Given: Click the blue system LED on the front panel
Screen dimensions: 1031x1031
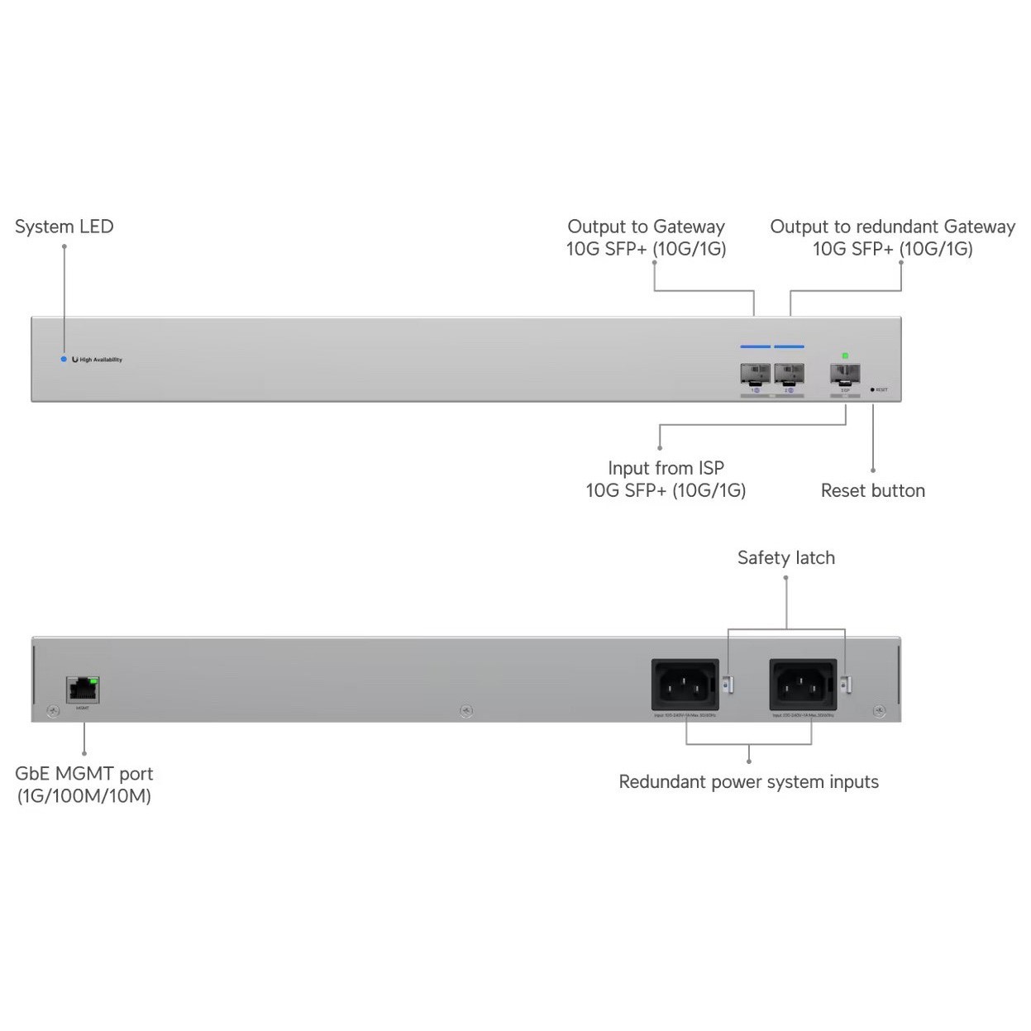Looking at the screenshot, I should [64, 360].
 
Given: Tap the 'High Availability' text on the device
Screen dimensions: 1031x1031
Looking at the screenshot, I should [101, 360].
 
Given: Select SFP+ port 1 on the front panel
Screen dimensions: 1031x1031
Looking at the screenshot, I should [755, 374].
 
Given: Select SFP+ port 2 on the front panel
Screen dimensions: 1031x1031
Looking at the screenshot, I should [789, 374].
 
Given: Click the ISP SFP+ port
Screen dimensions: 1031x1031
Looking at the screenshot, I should [845, 375].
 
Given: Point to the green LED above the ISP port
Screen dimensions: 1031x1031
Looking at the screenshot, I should [845, 356].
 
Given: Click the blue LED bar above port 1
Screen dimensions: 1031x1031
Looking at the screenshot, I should [755, 347].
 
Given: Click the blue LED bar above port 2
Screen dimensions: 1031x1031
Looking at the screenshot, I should [789, 347].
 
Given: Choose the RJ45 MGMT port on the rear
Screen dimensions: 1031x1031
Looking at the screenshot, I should [83, 689].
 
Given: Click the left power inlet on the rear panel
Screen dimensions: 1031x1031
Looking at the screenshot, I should [685, 685].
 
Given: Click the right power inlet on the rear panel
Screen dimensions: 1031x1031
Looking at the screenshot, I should [802, 685].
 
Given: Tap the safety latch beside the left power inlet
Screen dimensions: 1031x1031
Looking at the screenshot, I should [727, 685].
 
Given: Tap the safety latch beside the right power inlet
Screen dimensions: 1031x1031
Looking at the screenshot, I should [844, 685].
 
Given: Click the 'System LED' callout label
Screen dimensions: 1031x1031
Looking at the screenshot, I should [64, 227].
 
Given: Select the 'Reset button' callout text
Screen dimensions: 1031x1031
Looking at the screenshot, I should [872, 490].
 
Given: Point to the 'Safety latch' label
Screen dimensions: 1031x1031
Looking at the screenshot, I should [785, 558].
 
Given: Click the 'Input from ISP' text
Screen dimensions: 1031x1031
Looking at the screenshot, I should [666, 468].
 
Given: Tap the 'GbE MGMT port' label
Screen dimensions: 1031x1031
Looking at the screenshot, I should [84, 774].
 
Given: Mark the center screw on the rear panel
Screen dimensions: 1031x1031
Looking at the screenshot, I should [466, 711].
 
